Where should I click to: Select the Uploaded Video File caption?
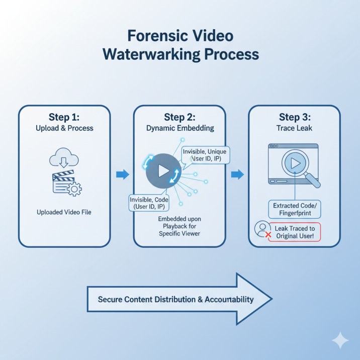point(64,212)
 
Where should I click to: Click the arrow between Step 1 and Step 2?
point(122,174)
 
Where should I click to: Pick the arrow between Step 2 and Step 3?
point(237,174)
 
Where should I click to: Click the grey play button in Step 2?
point(163,171)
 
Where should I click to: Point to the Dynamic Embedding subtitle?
point(179,128)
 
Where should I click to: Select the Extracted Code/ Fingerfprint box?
point(294,210)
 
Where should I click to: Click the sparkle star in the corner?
point(340,340)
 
